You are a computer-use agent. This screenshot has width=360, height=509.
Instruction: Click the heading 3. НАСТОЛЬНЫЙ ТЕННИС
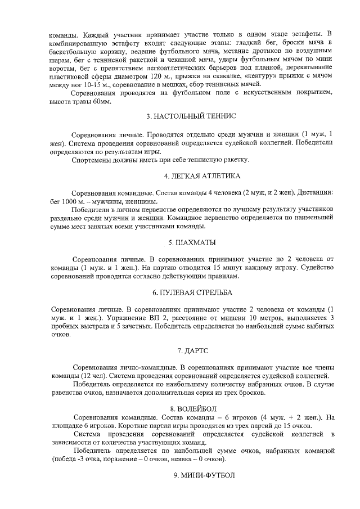(191, 116)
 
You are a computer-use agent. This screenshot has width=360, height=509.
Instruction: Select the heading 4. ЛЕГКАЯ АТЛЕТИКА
(191, 175)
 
